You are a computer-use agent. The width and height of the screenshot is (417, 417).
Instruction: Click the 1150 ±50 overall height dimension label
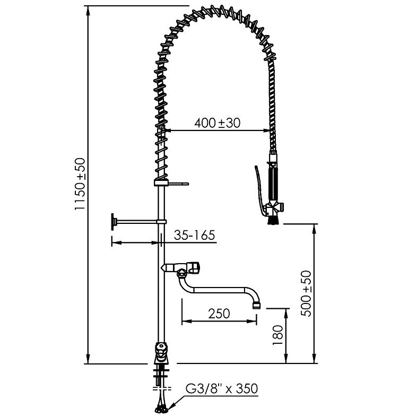(x=80, y=184)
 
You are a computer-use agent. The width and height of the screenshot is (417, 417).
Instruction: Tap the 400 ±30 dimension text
(x=218, y=123)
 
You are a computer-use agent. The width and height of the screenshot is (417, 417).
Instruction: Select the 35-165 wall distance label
(x=194, y=235)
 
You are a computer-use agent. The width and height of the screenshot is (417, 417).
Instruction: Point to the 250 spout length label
(x=219, y=314)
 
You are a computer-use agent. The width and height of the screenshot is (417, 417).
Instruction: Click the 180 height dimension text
(x=277, y=335)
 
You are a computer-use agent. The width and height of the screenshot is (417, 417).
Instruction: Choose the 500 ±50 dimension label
(x=306, y=293)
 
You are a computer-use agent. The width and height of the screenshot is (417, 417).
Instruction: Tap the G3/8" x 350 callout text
(x=222, y=388)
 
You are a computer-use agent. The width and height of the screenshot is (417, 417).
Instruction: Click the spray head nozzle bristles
(x=273, y=220)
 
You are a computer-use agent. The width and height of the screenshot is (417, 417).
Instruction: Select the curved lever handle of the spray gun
(x=258, y=189)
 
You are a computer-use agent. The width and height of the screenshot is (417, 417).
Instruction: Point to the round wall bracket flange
(x=114, y=221)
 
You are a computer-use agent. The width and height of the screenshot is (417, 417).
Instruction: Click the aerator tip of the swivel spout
(x=256, y=305)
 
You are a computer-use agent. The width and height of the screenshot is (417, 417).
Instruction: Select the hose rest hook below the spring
(x=171, y=183)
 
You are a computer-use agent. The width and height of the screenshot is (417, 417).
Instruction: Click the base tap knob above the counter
(x=161, y=350)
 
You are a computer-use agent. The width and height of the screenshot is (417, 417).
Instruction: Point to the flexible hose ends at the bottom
(x=161, y=409)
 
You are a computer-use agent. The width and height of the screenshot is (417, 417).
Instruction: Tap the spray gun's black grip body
(x=273, y=184)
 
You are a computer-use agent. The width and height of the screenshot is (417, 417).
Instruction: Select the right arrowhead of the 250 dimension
(x=252, y=322)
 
